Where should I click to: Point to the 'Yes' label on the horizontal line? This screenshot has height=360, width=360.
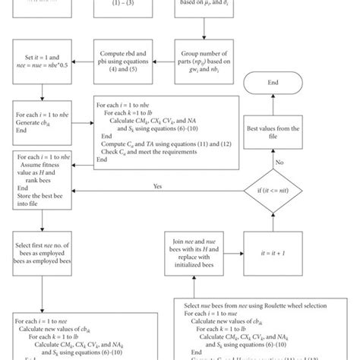point(158,185)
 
